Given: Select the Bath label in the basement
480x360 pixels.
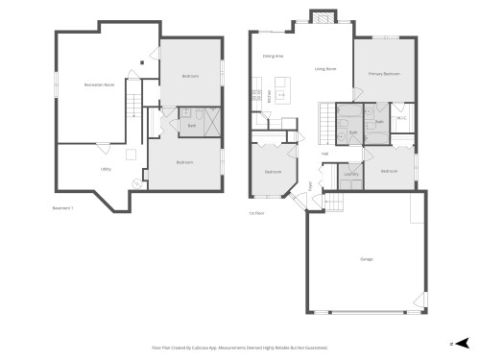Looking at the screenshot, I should (191, 126).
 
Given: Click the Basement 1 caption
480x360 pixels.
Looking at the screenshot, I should (63, 206).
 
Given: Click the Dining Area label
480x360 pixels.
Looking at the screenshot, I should (273, 56).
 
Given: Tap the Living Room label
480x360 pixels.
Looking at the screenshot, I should (325, 69).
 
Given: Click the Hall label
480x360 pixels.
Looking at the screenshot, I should (325, 153).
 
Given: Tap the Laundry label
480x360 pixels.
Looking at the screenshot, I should (351, 174).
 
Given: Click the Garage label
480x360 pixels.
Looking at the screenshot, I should (366, 259).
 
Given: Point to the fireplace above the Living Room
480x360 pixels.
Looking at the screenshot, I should (321, 19).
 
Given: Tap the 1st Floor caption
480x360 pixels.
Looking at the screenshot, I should (256, 212).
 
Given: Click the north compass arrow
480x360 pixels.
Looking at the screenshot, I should (463, 342).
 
